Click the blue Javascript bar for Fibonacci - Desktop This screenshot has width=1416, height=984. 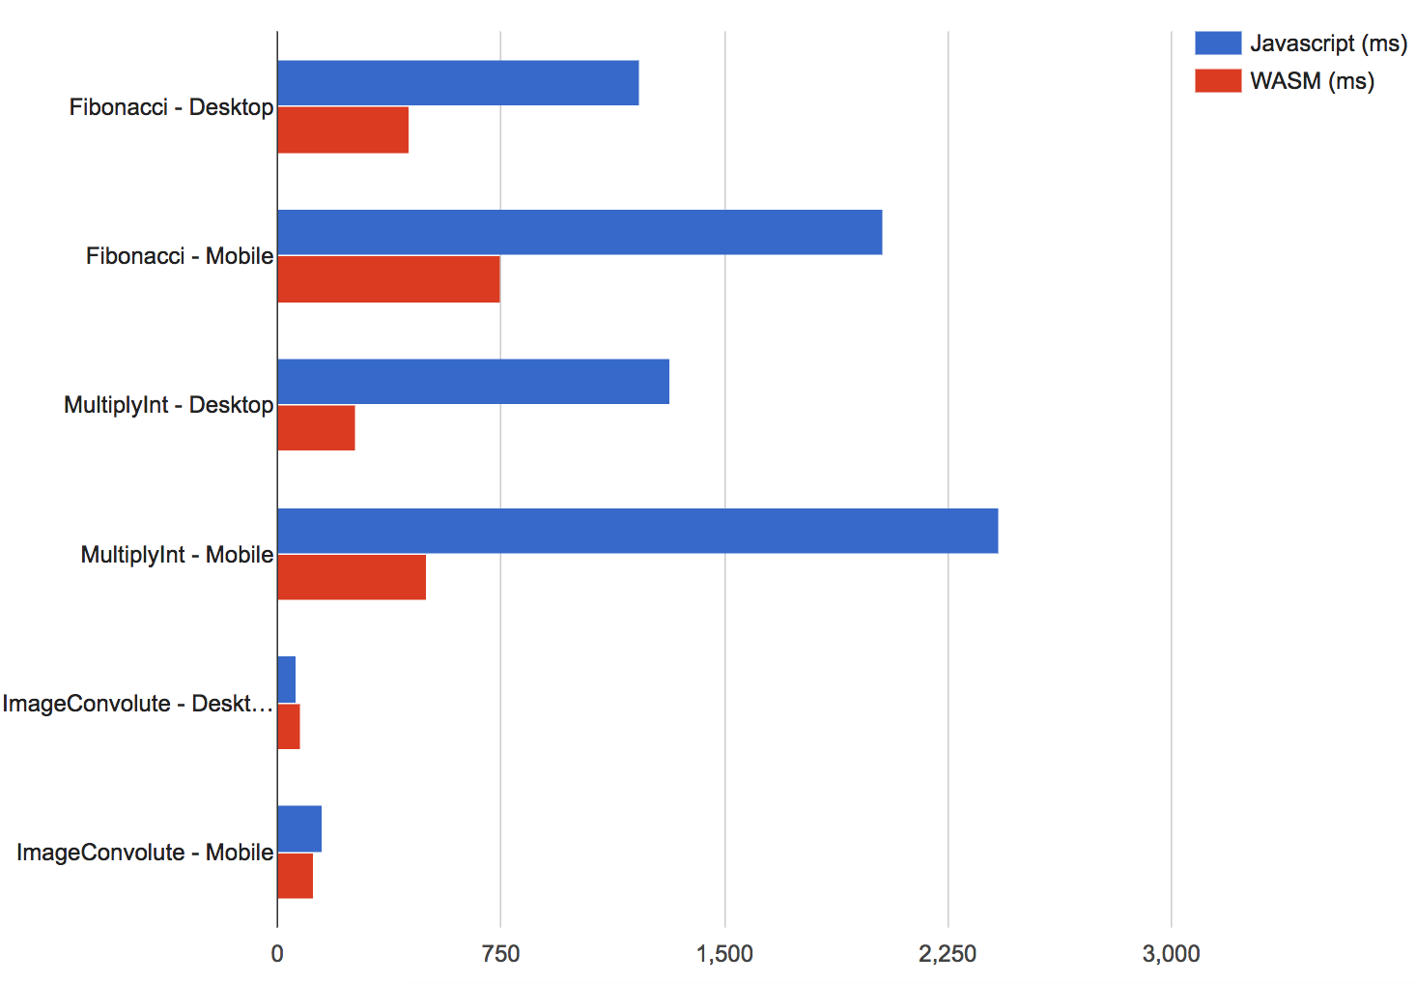pos(458,83)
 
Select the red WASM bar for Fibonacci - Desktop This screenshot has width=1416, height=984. pos(343,130)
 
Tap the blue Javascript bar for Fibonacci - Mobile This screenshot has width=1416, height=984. pos(580,232)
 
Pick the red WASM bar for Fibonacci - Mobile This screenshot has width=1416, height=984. pos(388,279)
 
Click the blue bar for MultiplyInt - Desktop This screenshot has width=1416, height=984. pos(473,382)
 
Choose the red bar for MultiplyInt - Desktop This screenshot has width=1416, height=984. pos(316,428)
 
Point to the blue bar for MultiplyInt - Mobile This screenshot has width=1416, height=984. pos(637,531)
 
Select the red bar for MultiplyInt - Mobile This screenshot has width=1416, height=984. pos(352,577)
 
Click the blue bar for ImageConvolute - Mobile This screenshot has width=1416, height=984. pos(299,829)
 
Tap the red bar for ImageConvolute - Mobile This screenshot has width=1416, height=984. pos(295,876)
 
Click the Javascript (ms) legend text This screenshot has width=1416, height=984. pos(1328,43)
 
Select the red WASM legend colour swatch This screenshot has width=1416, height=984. pos(1217,81)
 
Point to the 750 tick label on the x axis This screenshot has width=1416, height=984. pos(500,954)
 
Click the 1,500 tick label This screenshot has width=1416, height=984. pos(724,954)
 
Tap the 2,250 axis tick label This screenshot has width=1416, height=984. pos(948,954)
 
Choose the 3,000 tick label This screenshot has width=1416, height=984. pos(1171,954)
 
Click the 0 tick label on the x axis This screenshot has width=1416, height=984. pos(277,954)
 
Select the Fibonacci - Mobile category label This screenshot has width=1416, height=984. pos(180,256)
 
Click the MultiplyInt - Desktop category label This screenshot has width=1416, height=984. pos(169,405)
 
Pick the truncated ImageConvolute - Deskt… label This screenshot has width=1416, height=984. pos(137,704)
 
